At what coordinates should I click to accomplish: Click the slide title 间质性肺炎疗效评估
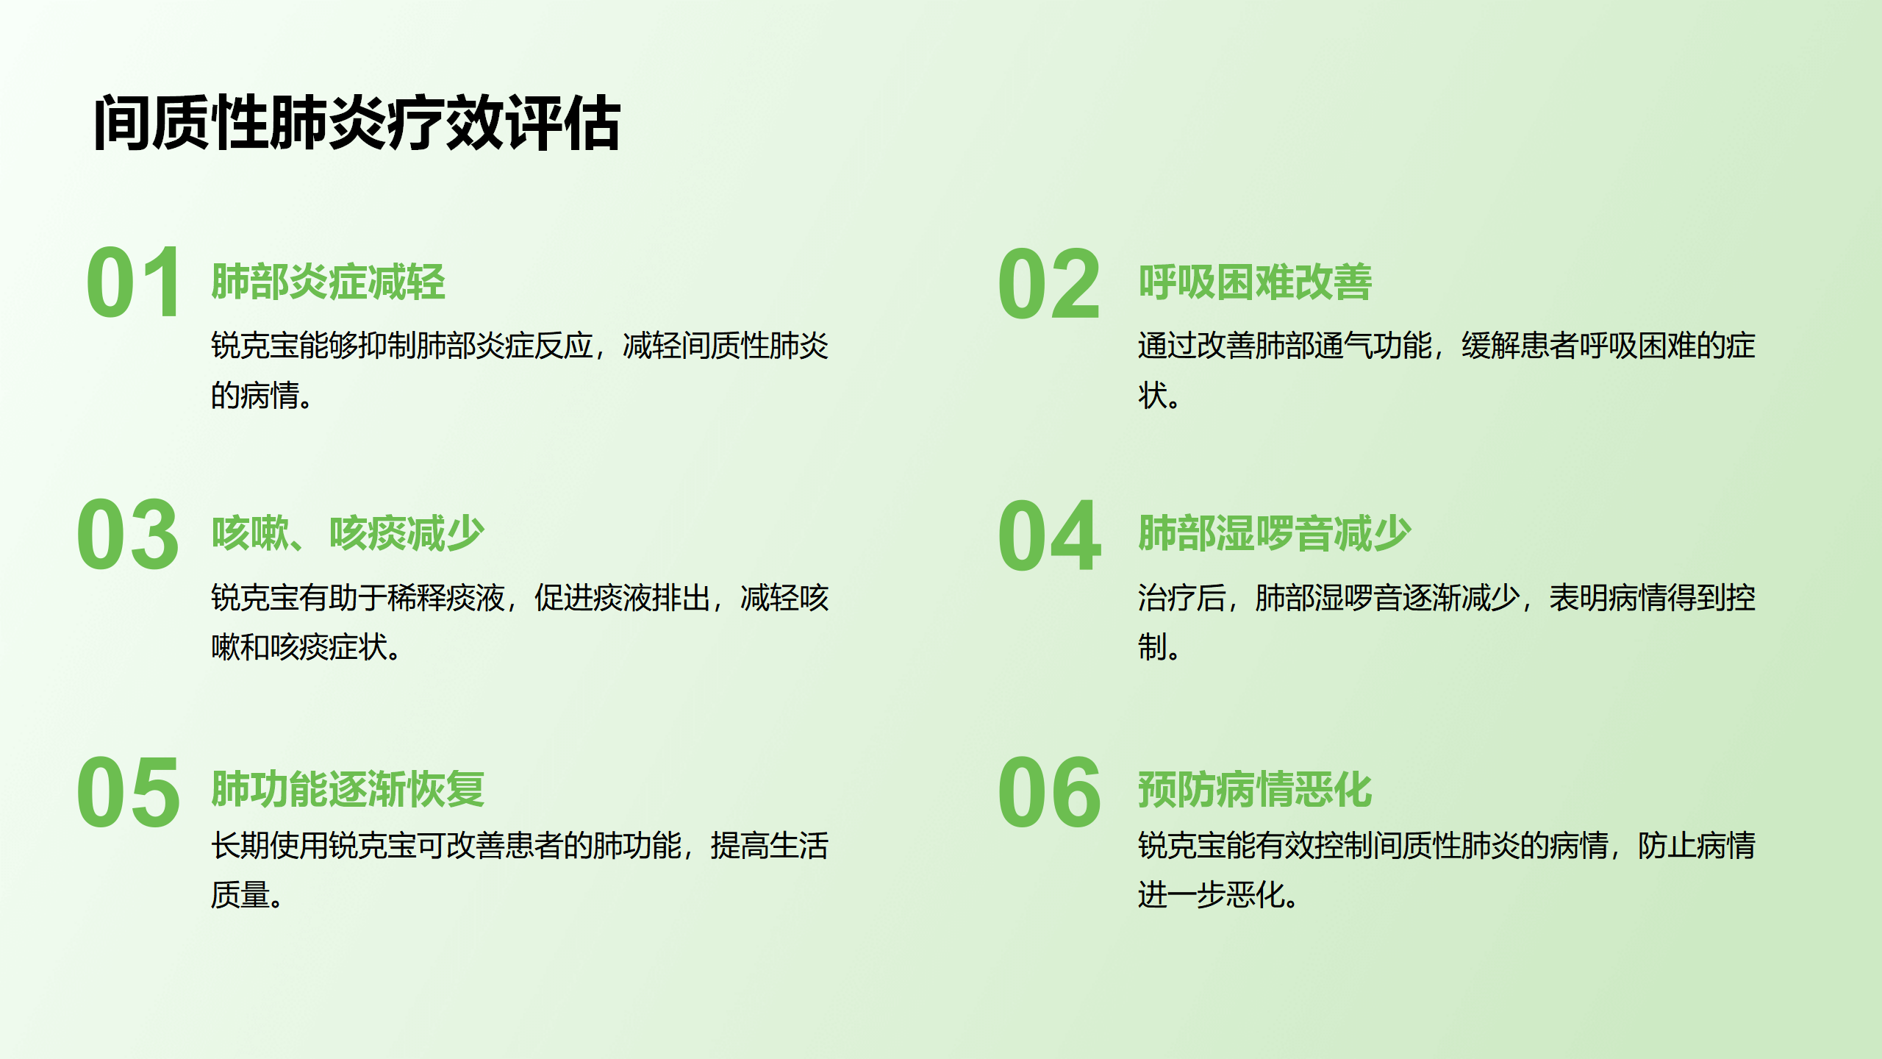coord(357,123)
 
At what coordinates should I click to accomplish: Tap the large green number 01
coord(133,282)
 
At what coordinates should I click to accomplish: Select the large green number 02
coord(1049,284)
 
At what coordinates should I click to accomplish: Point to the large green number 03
coord(128,534)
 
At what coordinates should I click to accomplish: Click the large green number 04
coord(1049,535)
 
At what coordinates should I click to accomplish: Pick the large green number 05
coord(128,792)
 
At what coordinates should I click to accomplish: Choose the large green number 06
coord(1049,792)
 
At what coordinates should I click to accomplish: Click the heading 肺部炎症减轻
coord(328,282)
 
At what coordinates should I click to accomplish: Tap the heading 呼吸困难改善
coord(1255,282)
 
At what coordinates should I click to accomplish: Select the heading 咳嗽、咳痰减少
coord(348,533)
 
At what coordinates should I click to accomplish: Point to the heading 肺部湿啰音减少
coord(1275,533)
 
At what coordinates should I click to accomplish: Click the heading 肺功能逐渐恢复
coord(348,789)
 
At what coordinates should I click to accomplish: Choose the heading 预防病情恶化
coord(1255,789)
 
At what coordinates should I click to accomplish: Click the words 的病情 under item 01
coord(255,396)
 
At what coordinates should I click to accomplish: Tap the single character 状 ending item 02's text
coord(1153,396)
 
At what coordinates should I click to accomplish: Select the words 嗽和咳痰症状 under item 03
coord(299,647)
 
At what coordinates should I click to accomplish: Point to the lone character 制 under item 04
coord(1153,647)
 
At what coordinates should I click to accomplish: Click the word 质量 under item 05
coord(240,895)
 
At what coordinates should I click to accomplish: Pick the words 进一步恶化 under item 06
coord(1212,895)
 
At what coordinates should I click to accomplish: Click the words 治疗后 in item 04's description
coord(1182,597)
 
